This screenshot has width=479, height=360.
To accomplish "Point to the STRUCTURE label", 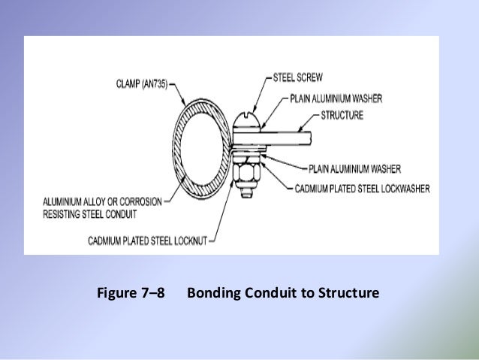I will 343,115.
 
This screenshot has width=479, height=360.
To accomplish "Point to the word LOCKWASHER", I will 401,189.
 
